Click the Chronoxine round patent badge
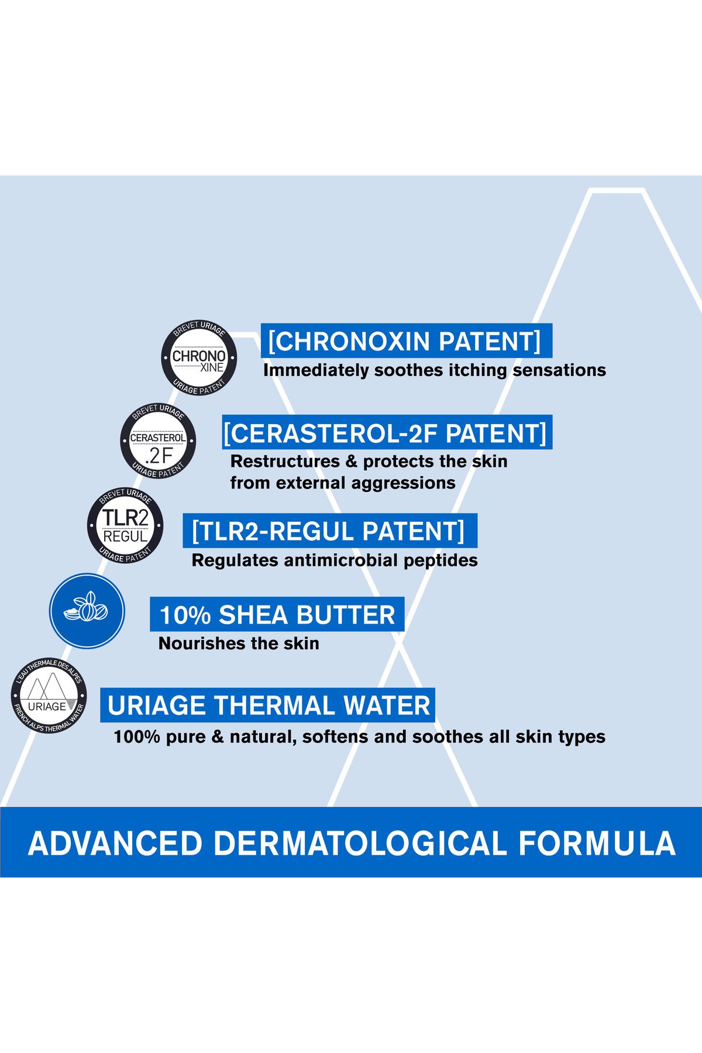(x=199, y=357)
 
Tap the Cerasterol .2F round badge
(x=158, y=441)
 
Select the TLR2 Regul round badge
(x=125, y=526)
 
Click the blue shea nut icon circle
(x=87, y=611)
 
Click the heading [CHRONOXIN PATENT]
(x=404, y=341)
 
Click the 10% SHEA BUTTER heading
(x=277, y=615)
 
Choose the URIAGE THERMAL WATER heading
(x=269, y=706)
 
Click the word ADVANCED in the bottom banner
(x=115, y=843)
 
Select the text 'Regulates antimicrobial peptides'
(x=335, y=560)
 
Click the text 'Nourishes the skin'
(x=239, y=643)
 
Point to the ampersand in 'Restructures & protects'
(x=352, y=462)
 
